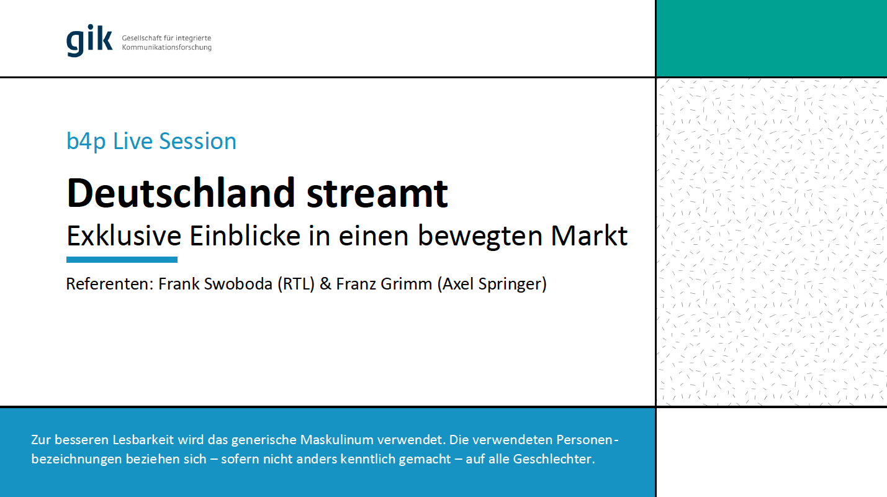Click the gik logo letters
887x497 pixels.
[x=89, y=40]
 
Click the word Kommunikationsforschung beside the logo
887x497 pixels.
[x=167, y=48]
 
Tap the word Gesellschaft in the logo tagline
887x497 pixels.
[x=142, y=38]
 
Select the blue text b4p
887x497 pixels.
[x=86, y=142]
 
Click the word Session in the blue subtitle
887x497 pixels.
[x=197, y=141]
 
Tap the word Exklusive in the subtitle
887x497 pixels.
[x=124, y=236]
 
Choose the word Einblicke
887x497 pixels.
[x=245, y=236]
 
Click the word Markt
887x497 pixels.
[x=589, y=236]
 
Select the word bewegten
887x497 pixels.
[x=480, y=237]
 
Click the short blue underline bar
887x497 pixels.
[x=122, y=260]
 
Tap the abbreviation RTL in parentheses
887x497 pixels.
[x=296, y=284]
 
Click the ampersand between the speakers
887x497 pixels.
[x=325, y=284]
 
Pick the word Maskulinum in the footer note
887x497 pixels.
[x=336, y=440]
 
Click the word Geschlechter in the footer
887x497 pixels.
[x=554, y=459]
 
